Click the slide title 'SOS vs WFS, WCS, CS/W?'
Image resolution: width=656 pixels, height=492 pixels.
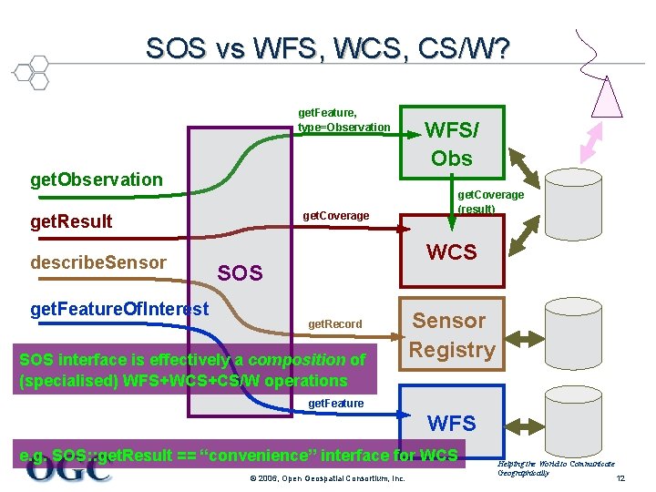click(x=327, y=47)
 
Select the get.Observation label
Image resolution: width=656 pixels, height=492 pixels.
click(x=97, y=179)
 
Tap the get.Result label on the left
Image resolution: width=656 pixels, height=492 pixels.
click(x=72, y=221)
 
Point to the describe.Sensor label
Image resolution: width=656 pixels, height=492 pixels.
click(x=98, y=263)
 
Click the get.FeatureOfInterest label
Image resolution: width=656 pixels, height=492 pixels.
click(x=119, y=310)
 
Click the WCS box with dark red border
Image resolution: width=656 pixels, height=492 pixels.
click(x=452, y=252)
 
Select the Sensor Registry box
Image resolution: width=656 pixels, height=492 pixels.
click(x=452, y=334)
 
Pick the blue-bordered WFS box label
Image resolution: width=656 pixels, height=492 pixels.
click(x=452, y=423)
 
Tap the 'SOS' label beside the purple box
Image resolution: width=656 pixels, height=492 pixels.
click(x=241, y=272)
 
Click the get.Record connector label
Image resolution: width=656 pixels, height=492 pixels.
click(x=335, y=323)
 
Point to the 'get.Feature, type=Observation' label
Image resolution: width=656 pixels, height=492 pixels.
click(x=343, y=119)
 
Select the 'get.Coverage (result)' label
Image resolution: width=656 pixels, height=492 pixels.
click(x=490, y=201)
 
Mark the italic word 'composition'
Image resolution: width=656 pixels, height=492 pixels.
click(x=297, y=360)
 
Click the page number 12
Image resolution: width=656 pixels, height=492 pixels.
click(x=621, y=479)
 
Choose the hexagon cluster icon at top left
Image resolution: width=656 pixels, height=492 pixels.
click(x=29, y=70)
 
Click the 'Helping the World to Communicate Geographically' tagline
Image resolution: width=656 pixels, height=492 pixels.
click(x=555, y=468)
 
